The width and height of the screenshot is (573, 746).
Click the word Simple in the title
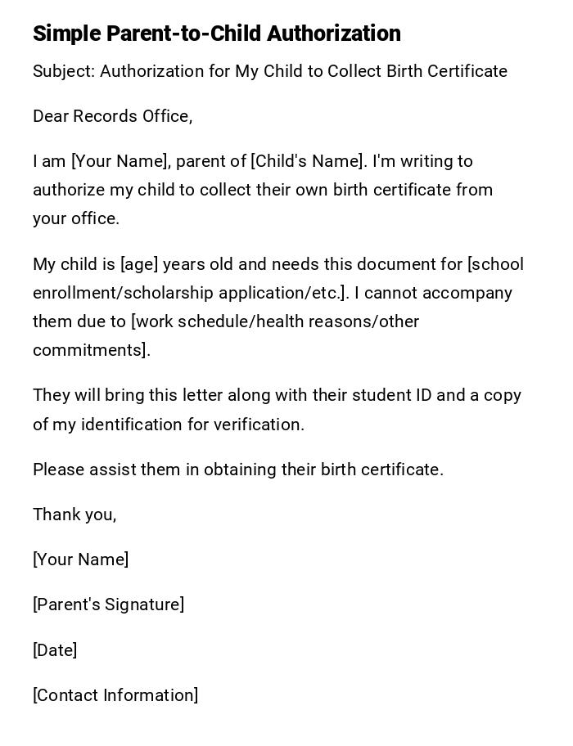[67, 34]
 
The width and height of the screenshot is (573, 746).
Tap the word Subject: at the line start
[64, 71]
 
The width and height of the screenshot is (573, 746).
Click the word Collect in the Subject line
[355, 71]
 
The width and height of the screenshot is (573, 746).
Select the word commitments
[90, 350]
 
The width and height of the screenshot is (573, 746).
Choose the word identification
[133, 425]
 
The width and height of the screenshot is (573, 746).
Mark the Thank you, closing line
[74, 515]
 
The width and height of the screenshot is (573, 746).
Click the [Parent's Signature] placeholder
[108, 604]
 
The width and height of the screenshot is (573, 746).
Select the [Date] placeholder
[55, 650]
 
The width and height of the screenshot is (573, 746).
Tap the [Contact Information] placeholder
[115, 695]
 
